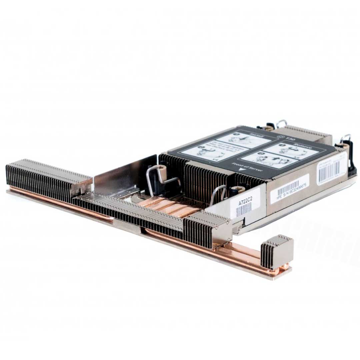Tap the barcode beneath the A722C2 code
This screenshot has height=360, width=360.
244,210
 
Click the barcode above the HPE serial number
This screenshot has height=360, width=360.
288,186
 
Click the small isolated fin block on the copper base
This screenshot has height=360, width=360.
277,252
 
